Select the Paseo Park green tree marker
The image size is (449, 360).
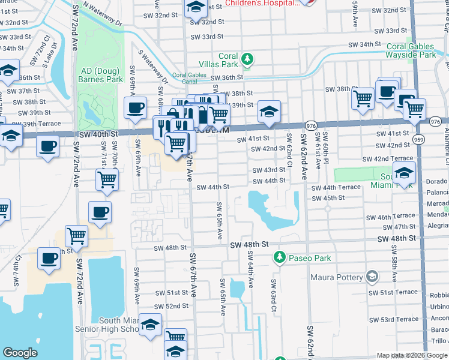(279, 257)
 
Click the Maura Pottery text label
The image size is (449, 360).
(337, 277)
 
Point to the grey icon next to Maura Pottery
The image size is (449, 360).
(372, 277)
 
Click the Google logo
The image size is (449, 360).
(20, 353)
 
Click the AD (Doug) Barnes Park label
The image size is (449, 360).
(101, 75)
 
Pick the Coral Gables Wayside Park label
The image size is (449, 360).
(411, 50)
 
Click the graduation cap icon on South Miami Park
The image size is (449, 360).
(405, 172)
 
